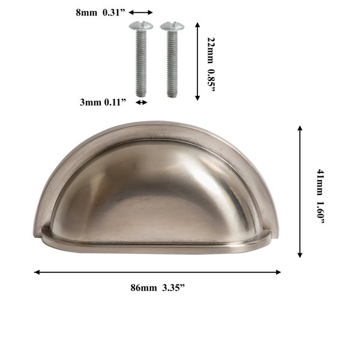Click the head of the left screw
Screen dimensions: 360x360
[x=141, y=26]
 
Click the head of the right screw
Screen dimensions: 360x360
[x=172, y=26]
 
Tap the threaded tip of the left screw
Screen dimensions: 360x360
[x=141, y=94]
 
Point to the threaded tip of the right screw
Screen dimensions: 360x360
[x=172, y=94]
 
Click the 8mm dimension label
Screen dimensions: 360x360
[x=86, y=13]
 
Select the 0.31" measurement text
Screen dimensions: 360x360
[x=114, y=13]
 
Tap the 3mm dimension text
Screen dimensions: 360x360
[x=91, y=102]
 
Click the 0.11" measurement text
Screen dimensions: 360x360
[x=115, y=102]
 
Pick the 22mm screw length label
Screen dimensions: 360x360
[x=211, y=50]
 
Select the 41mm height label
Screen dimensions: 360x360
[x=320, y=182]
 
